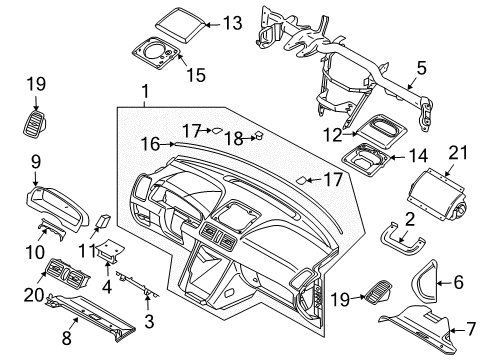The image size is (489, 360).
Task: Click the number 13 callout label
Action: (x=233, y=23)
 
